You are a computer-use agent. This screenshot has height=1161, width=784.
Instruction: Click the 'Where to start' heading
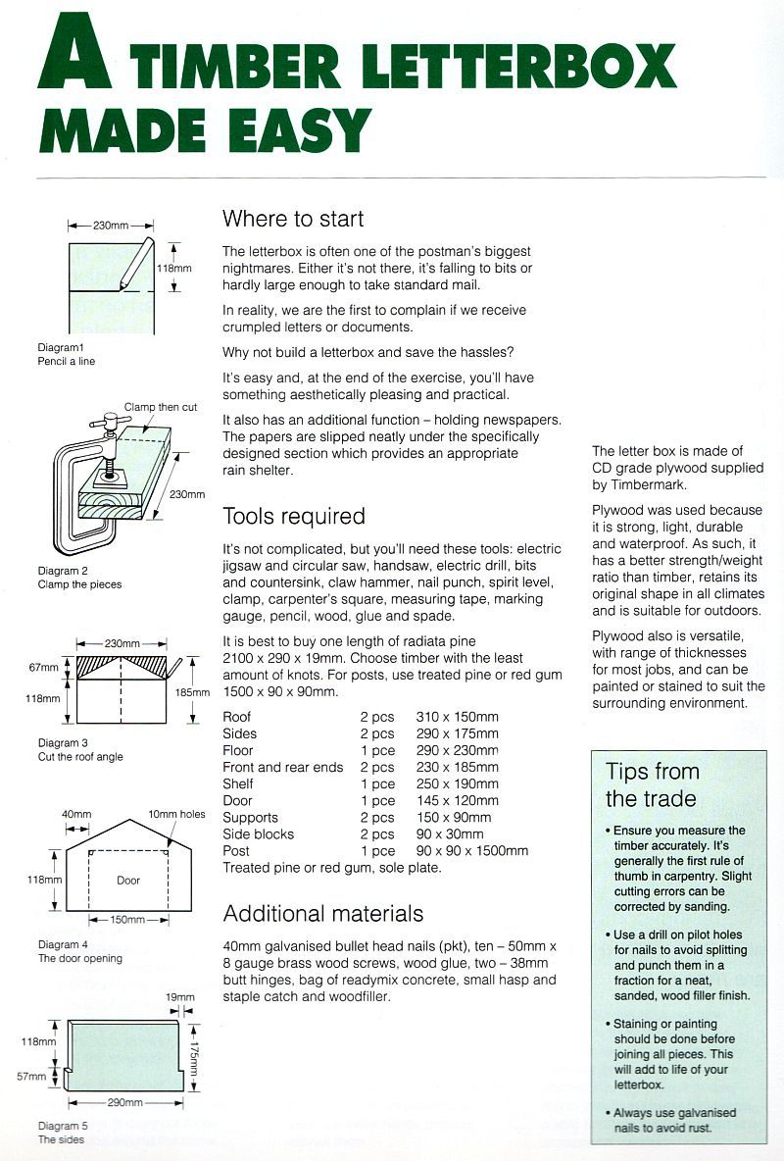coord(293,218)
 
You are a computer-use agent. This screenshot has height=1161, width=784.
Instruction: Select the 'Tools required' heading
coord(294,516)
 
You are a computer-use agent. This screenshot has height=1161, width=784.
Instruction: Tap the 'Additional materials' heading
coord(323,913)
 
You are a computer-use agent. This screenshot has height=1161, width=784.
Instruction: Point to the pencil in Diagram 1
coord(135,262)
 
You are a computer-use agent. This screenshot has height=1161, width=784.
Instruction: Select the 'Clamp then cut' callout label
coord(160,407)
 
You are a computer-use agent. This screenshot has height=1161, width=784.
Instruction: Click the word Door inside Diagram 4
coord(128,880)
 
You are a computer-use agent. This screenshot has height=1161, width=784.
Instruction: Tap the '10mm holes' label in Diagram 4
coord(176,815)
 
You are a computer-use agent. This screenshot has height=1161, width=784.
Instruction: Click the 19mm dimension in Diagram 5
coord(180,997)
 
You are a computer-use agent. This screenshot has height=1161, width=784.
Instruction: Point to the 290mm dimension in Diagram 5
coord(124,1102)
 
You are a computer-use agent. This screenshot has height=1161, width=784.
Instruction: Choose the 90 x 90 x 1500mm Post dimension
coord(471,850)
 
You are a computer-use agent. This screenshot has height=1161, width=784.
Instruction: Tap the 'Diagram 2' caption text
coord(63,571)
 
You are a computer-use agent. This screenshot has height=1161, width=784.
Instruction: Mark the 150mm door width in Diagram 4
coord(128,920)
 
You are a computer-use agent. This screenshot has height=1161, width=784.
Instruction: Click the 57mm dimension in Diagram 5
coord(31,1076)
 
